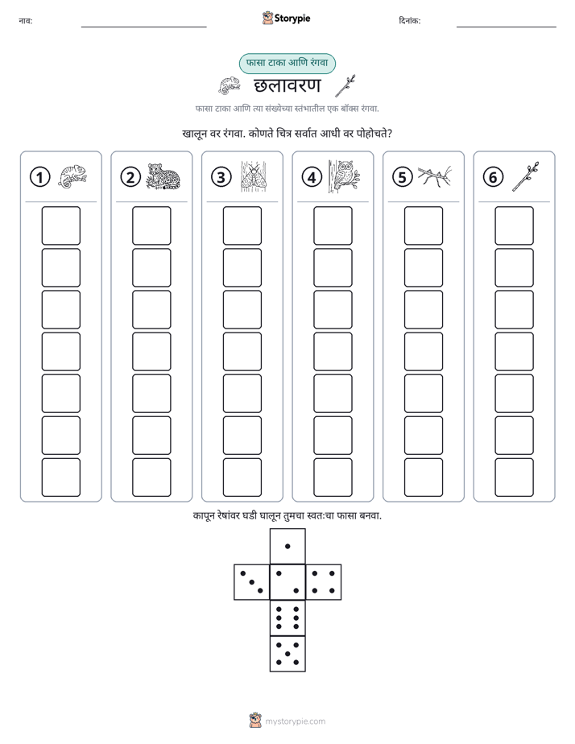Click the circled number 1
[39, 177]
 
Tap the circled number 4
[312, 177]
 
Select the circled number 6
[493, 177]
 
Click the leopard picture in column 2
[163, 176]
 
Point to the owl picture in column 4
[344, 176]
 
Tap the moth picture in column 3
[254, 176]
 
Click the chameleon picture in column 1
[72, 176]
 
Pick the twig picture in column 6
[526, 176]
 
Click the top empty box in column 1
[60, 225]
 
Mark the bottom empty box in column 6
[515, 477]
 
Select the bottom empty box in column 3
[242, 477]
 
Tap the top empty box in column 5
[424, 225]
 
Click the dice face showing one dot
[287, 546]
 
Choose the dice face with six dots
[287, 618]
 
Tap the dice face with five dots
[287, 654]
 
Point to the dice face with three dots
[252, 582]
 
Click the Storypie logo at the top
[286, 18]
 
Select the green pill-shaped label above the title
[287, 64]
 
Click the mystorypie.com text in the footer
[295, 721]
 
